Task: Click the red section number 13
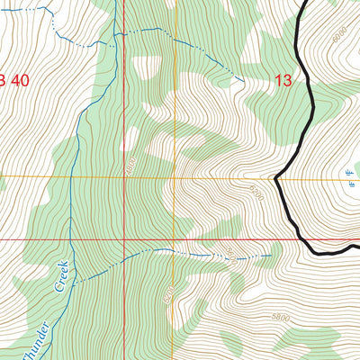tap(283, 81)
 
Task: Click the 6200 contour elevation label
tap(256, 192)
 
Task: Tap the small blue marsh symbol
tap(349, 175)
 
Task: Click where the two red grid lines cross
tap(124, 239)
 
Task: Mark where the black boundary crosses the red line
tap(298, 239)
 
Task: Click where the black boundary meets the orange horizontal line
tap(276, 178)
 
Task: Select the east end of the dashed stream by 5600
tap(273, 255)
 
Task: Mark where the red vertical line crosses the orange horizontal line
tap(124, 178)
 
